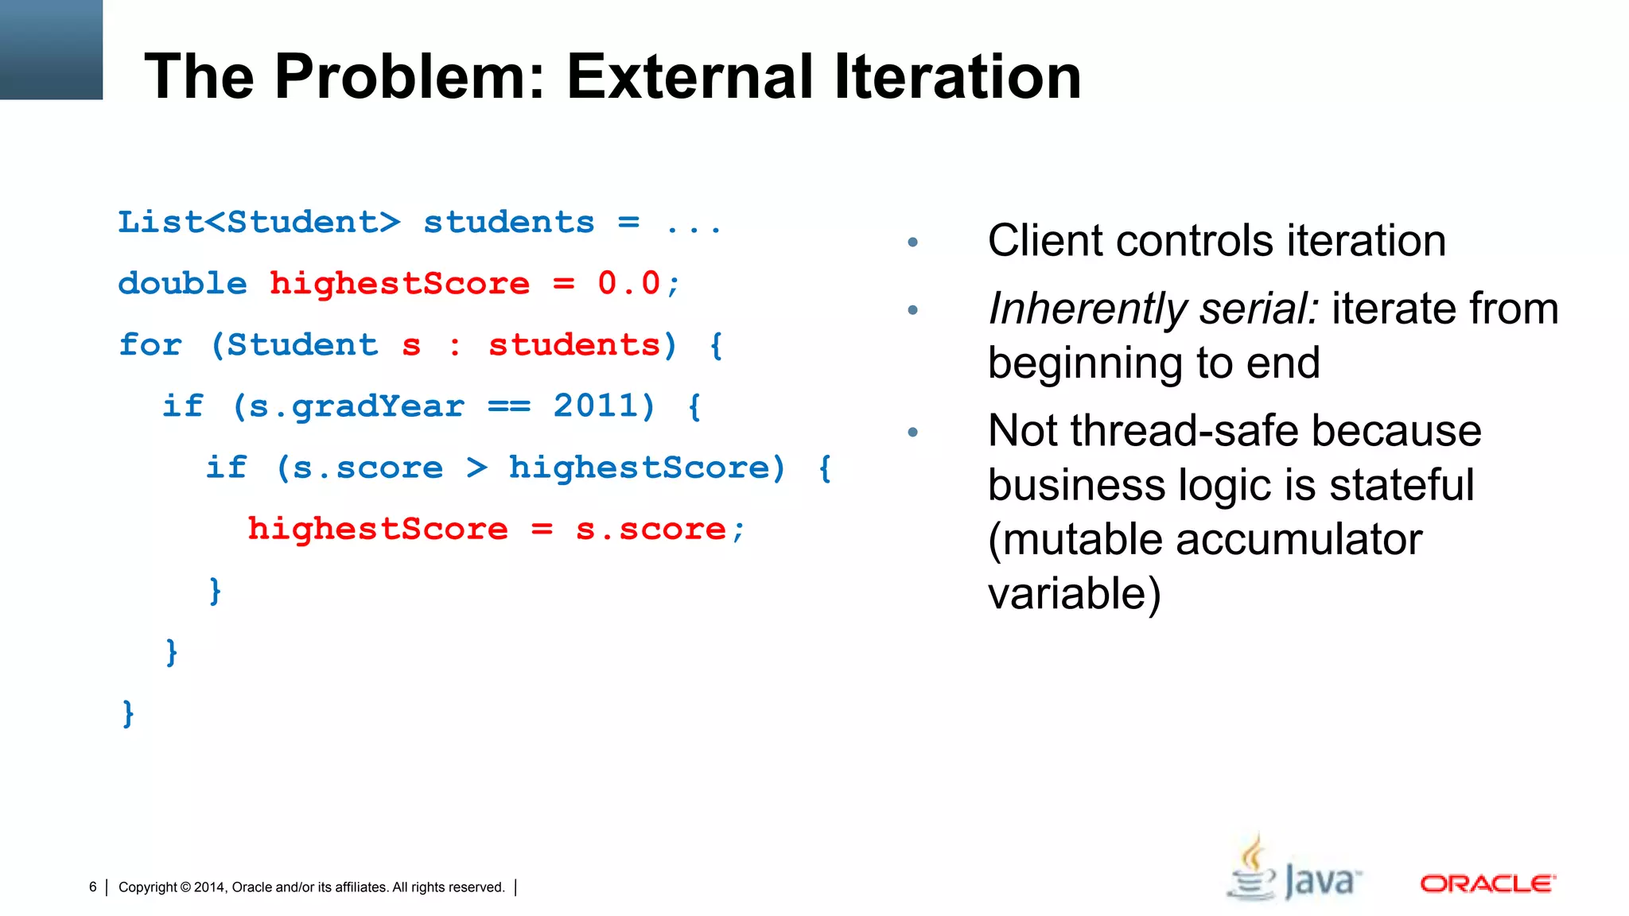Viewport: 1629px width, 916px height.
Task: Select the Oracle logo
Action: pyautogui.click(x=1487, y=883)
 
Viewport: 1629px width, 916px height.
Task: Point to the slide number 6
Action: pyautogui.click(x=93, y=887)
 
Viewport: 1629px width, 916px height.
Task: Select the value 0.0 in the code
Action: pyautogui.click(x=629, y=284)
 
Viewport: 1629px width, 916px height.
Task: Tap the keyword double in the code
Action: pyautogui.click(x=183, y=284)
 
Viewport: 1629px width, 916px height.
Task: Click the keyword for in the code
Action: pyautogui.click(x=150, y=345)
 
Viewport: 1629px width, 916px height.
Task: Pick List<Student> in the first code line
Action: pyautogui.click(x=259, y=223)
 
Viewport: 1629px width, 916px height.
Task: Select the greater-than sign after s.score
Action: pyautogui.click(x=476, y=468)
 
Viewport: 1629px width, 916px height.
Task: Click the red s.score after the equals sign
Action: pyautogui.click(x=651, y=529)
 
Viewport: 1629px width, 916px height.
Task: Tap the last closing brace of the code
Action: pyautogui.click(x=128, y=712)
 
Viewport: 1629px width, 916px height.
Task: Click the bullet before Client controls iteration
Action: pyautogui.click(x=913, y=242)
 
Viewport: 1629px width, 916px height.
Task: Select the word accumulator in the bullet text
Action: pyautogui.click(x=1299, y=539)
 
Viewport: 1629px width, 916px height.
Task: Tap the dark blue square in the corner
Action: pyautogui.click(x=51, y=49)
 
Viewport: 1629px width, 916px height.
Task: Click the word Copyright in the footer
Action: pyautogui.click(x=147, y=887)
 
